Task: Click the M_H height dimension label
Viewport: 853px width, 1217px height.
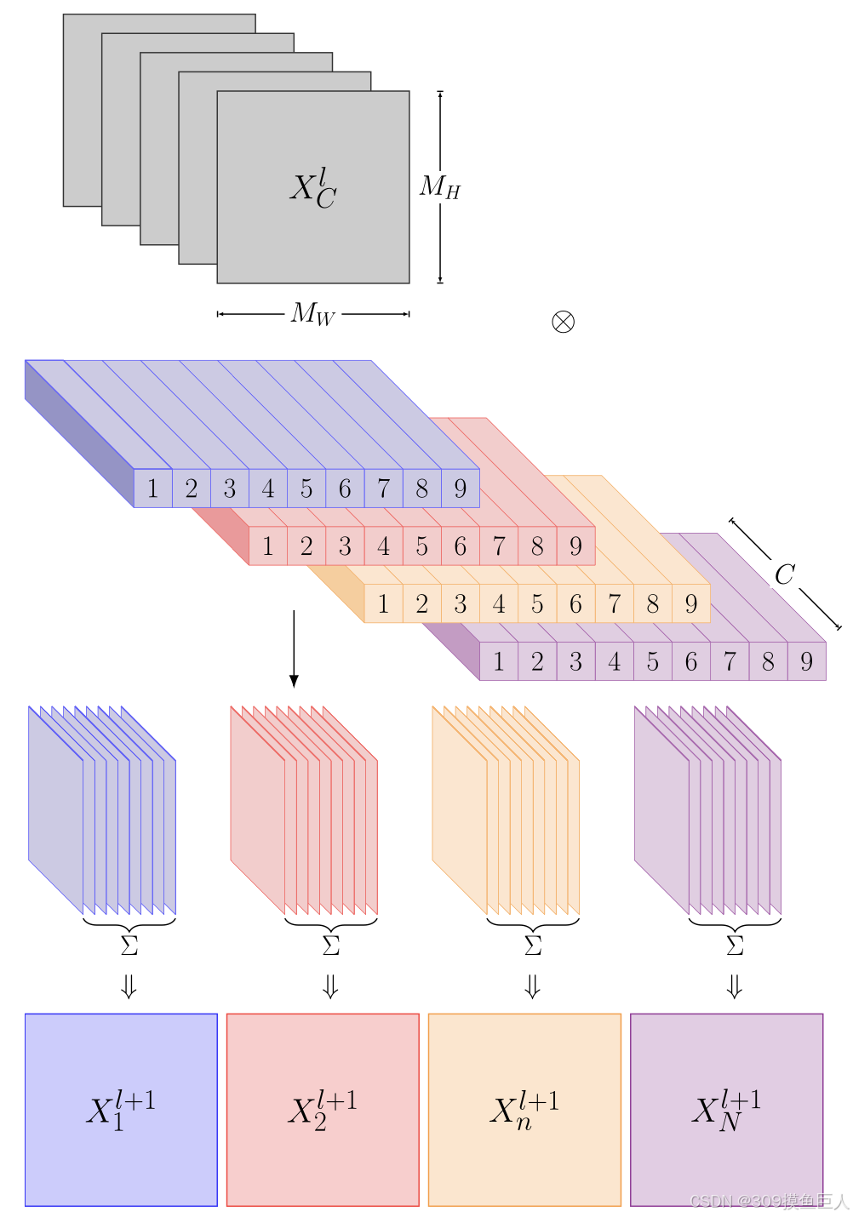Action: point(439,186)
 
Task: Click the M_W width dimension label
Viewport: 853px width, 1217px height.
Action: point(313,314)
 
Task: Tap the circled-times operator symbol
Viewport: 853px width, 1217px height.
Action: point(563,322)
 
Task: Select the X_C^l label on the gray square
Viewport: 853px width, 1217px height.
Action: point(313,188)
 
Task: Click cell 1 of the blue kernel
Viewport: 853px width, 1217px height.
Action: point(153,489)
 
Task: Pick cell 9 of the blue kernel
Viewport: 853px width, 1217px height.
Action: point(461,489)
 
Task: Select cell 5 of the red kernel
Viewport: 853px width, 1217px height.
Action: point(422,546)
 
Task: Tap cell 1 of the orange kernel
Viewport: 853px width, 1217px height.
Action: point(384,604)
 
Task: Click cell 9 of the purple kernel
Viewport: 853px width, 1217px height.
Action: point(807,661)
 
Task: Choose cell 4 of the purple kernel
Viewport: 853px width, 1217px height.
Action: point(615,661)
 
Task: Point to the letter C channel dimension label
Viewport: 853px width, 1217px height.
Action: point(784,575)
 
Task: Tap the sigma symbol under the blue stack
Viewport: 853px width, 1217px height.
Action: point(129,946)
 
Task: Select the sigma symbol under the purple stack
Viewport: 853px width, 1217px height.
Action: point(735,946)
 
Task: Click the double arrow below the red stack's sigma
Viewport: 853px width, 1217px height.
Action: point(331,986)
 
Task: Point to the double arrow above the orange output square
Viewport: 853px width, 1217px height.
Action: point(533,986)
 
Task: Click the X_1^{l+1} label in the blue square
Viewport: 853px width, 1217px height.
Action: point(121,1110)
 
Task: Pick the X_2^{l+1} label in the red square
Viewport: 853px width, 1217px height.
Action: point(323,1110)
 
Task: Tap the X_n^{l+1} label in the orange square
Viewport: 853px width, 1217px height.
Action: point(524,1110)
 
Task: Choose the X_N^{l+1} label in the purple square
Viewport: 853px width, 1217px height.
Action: point(726,1110)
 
